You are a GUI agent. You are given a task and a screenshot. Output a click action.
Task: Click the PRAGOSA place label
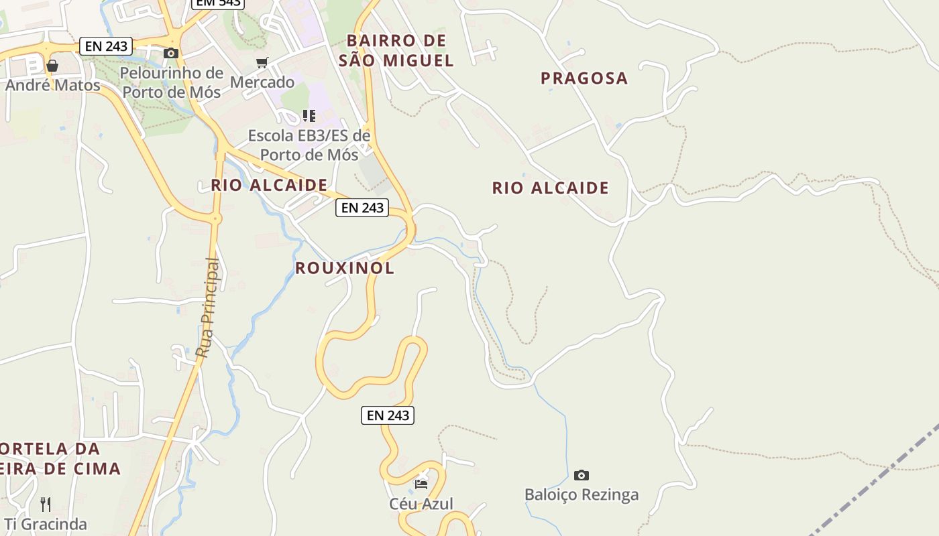tap(584, 78)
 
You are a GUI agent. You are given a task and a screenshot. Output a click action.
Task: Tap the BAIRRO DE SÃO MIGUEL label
tap(396, 50)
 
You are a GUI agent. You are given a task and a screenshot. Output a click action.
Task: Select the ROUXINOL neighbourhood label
tap(345, 268)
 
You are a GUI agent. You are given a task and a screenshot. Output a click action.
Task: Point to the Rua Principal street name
tap(208, 308)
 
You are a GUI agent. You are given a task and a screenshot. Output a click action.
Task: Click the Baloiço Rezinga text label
tap(582, 494)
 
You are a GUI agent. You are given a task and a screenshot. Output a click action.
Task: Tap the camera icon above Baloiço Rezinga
tap(582, 475)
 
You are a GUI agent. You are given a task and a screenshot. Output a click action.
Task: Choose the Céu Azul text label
tap(421, 503)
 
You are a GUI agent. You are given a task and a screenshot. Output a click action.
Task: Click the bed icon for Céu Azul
tap(421, 484)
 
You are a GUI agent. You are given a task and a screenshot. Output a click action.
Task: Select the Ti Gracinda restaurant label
tap(46, 523)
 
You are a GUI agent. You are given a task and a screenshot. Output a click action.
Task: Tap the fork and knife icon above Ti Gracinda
tap(46, 504)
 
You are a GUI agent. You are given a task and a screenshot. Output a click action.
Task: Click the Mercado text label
tap(262, 82)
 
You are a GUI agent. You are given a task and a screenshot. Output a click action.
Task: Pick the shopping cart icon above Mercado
tap(262, 62)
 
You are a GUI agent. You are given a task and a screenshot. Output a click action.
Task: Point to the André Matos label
tap(53, 85)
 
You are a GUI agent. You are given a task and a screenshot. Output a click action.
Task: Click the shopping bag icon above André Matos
tap(52, 66)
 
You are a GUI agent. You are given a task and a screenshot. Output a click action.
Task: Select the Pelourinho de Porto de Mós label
tap(172, 82)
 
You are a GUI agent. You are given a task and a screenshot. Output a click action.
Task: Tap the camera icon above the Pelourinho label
tap(171, 53)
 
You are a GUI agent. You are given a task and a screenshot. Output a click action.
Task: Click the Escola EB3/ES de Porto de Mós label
tap(309, 145)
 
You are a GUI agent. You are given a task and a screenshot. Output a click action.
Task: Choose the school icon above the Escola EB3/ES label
tap(309, 116)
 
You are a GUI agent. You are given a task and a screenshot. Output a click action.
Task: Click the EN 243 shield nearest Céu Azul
tap(388, 415)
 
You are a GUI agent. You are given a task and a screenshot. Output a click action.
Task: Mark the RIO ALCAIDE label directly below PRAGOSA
tap(551, 188)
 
